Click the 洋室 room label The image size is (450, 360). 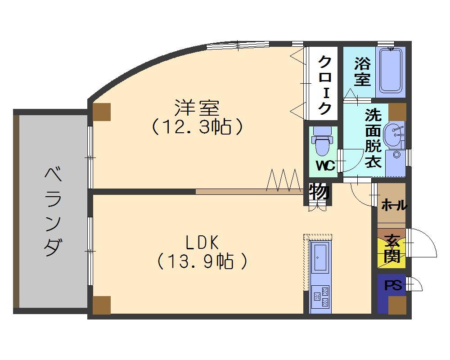click(x=197, y=108)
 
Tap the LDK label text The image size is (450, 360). click(x=202, y=243)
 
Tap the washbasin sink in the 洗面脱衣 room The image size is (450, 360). click(x=394, y=134)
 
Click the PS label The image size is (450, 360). click(x=392, y=286)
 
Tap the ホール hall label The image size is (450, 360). click(x=394, y=206)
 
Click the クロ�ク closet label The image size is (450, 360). click(x=324, y=84)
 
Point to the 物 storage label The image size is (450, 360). click(x=320, y=193)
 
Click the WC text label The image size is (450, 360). click(x=325, y=166)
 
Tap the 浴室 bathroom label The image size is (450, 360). click(x=362, y=71)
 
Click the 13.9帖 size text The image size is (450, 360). click(x=202, y=261)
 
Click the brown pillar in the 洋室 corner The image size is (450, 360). click(x=101, y=112)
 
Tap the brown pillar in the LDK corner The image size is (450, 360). click(x=101, y=305)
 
